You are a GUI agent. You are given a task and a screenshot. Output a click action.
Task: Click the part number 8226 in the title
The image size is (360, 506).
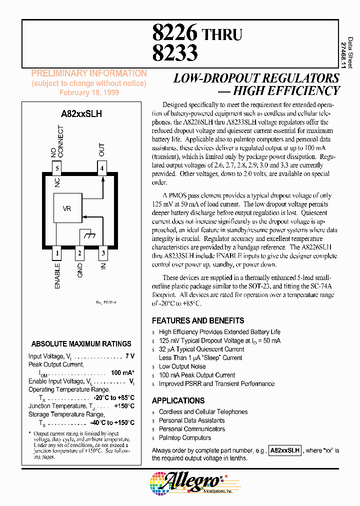coord(175,33)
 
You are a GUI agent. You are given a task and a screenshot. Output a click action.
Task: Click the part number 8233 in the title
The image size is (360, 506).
coord(175,52)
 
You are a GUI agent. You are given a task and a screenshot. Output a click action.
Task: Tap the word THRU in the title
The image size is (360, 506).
coord(221,34)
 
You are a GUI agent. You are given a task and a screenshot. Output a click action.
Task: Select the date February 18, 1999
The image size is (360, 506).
coord(89,92)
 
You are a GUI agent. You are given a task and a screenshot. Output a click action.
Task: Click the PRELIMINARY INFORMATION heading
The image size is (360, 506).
coord(89,73)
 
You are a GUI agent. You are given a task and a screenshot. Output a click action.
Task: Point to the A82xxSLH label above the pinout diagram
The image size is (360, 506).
coord(81,113)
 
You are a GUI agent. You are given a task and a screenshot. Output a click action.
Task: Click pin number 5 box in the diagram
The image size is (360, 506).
coord(57,168)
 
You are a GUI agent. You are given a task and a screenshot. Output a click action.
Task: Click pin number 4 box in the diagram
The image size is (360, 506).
coord(101,168)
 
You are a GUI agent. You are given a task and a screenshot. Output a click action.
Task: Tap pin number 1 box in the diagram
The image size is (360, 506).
coord(57,253)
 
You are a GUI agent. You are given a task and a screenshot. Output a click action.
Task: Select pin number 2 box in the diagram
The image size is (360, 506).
coord(79,253)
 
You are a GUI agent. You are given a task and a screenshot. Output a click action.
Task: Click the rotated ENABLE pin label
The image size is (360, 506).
coord(57,276)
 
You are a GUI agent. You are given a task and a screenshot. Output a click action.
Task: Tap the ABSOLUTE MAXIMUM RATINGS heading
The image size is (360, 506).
coord(81,344)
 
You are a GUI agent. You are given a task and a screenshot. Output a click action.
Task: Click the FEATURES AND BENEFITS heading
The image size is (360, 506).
coord(198,320)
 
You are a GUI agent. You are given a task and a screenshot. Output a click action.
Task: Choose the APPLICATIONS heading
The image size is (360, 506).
coord(178,400)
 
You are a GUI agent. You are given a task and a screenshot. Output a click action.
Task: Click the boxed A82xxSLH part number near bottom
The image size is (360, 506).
coord(285,450)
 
